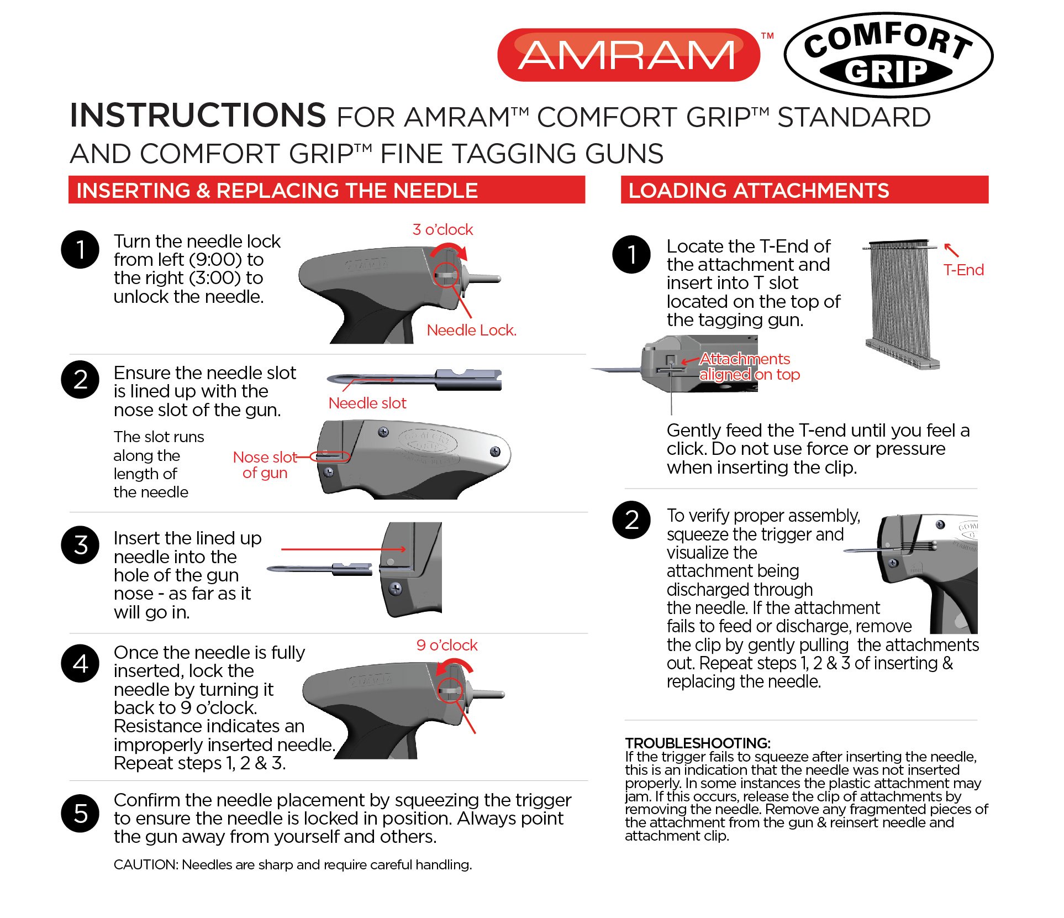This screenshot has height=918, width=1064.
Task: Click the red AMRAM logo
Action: coord(628,55)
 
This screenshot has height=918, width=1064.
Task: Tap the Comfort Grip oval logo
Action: coord(888,55)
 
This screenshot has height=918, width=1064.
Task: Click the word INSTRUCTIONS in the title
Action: coord(198,116)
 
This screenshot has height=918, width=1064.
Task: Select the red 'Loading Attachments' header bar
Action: coord(804,190)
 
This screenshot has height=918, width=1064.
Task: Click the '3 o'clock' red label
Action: coord(443,229)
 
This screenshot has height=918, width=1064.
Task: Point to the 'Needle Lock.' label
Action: coord(471,330)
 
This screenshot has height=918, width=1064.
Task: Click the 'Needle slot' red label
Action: coord(367,403)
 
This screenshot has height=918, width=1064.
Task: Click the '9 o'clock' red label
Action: coord(446,645)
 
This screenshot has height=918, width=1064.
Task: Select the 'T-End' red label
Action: coord(963,270)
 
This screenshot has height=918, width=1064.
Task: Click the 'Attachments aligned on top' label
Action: coord(748,366)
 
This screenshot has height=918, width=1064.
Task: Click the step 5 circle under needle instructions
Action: coord(81,814)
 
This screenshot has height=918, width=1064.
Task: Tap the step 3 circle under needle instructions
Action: coord(81,545)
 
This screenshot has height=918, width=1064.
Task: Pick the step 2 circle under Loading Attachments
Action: coord(631,520)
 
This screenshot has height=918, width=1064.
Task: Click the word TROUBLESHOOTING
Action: coord(697,743)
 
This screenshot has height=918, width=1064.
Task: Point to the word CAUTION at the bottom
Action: coord(145,864)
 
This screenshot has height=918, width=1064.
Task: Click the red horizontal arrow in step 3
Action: coord(343,549)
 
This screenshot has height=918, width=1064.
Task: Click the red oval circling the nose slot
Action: coord(330,457)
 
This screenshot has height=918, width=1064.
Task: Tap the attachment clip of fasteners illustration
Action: coord(900,304)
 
